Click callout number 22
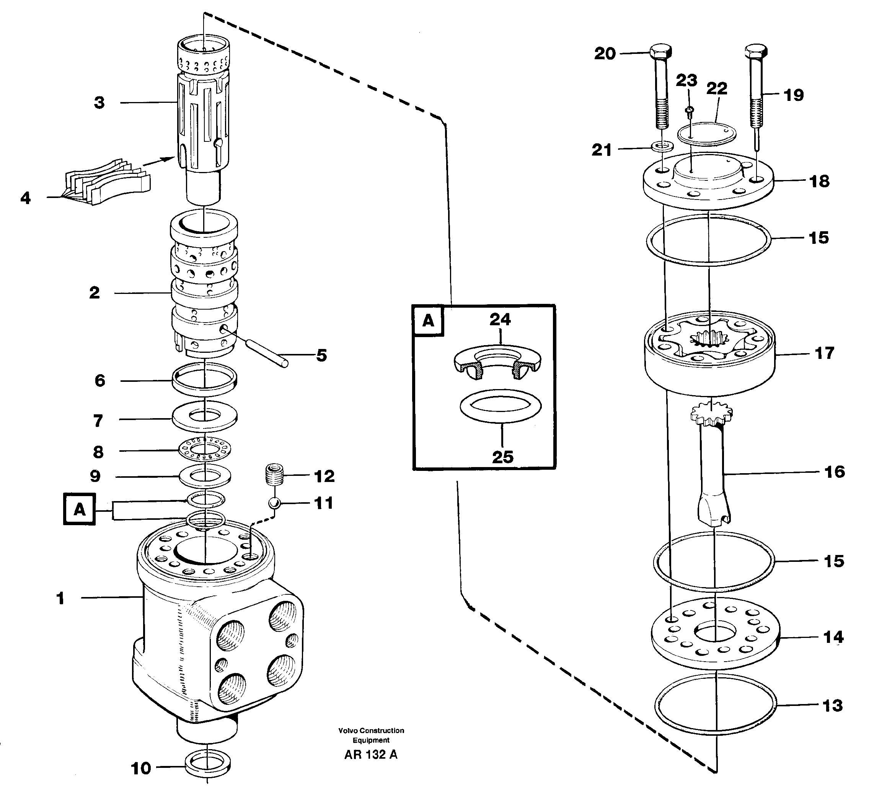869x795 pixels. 716,89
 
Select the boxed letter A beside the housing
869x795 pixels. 79,509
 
